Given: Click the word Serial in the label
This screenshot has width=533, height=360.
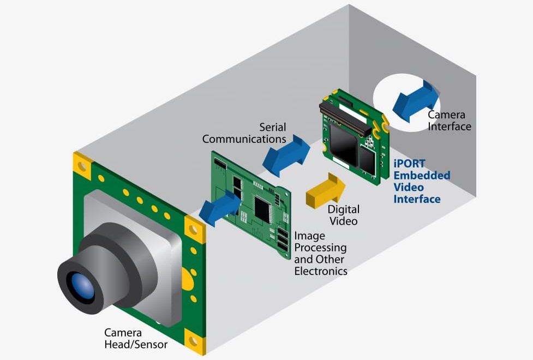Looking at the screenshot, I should click(x=272, y=127).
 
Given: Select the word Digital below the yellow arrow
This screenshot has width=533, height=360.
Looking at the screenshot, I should click(x=343, y=209).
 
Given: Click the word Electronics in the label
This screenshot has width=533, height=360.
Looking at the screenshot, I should click(x=320, y=271).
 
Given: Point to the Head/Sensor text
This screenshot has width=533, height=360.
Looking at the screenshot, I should click(x=136, y=344).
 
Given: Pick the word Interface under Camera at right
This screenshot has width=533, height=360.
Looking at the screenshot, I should click(x=449, y=127).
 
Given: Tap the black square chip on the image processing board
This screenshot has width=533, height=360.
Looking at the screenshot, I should click(x=263, y=208).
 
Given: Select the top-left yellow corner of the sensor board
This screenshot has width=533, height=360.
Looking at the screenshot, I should click(x=82, y=164).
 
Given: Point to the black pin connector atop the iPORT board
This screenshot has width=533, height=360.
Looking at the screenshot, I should click(x=347, y=114).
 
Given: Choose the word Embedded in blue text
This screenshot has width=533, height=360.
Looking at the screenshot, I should click(x=422, y=176).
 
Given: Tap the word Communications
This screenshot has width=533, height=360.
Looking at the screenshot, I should click(x=244, y=139).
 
